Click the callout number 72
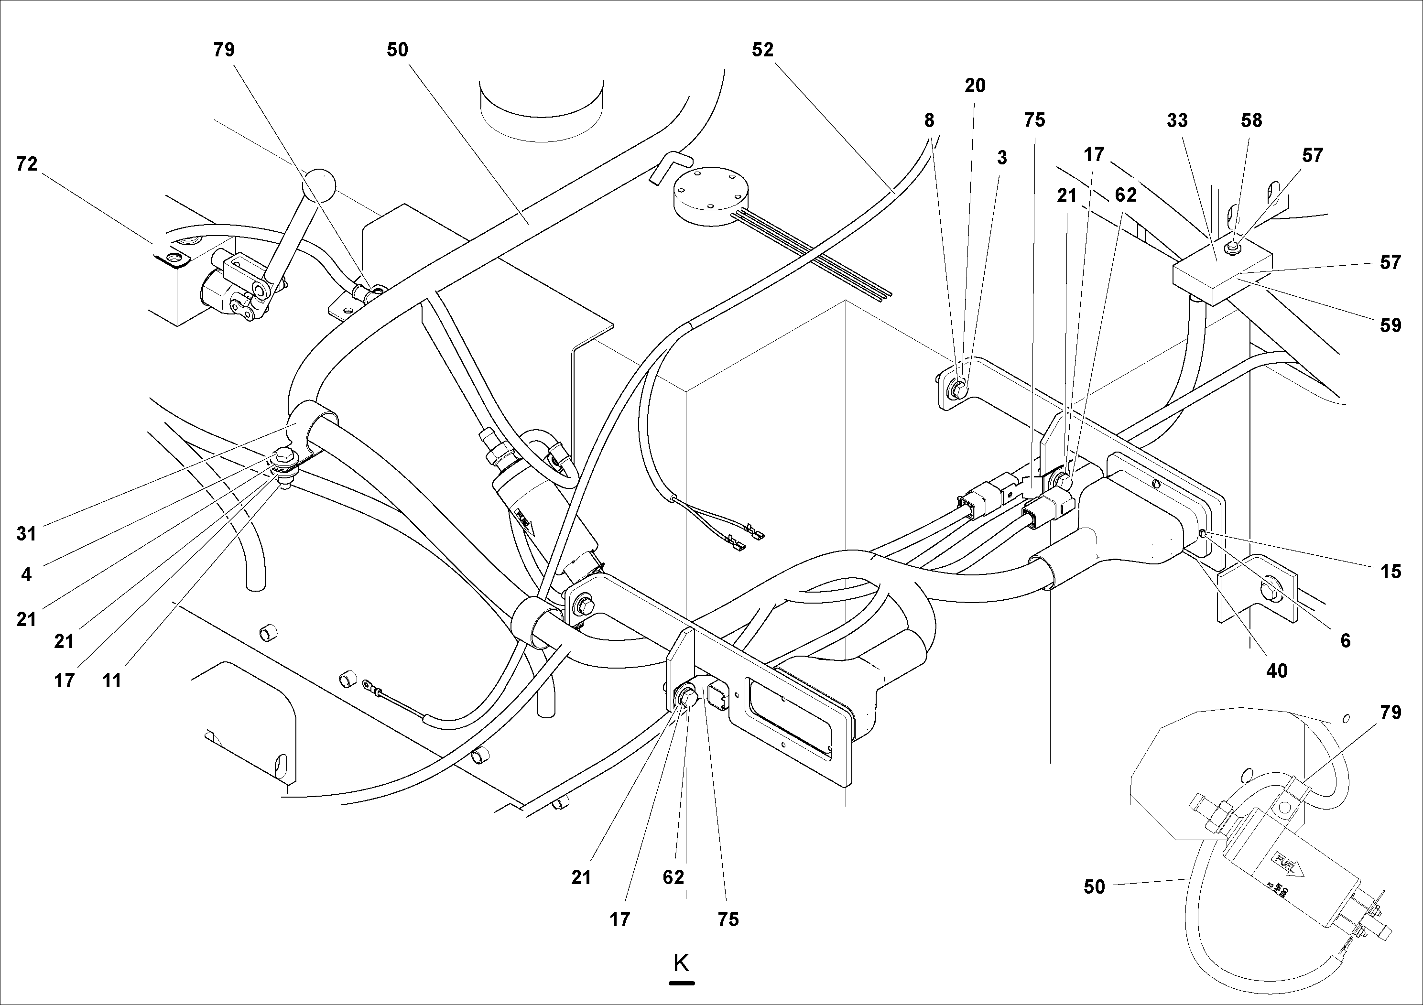(27, 164)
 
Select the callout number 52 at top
(763, 50)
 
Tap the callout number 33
(1176, 120)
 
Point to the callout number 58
(1251, 120)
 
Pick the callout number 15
(1390, 571)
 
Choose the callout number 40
(1276, 670)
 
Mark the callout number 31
(27, 533)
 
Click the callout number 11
(111, 681)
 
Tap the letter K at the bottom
(681, 963)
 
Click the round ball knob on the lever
(318, 184)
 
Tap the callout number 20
(974, 86)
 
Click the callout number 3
(1001, 157)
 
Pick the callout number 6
(1345, 640)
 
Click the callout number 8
(928, 120)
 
